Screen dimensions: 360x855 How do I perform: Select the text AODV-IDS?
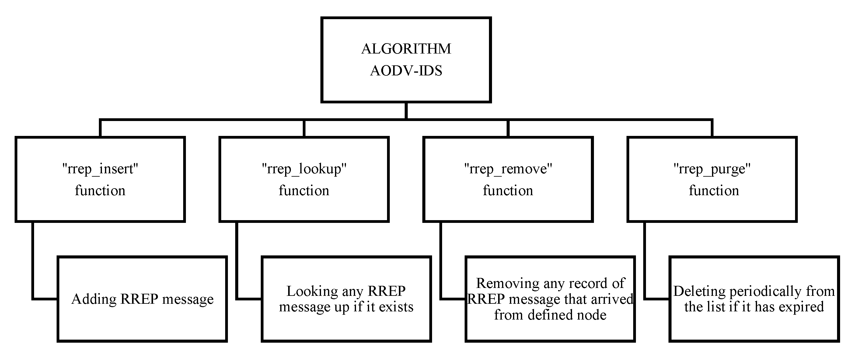tap(406, 71)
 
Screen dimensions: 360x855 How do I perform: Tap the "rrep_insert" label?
tap(100, 169)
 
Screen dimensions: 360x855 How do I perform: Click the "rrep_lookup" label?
tap(304, 169)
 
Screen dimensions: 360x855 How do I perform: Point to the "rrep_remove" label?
tap(508, 169)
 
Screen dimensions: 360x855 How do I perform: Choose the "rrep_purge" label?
tap(712, 169)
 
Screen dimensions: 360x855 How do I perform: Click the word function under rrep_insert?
tap(100, 191)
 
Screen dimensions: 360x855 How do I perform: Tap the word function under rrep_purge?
tap(714, 191)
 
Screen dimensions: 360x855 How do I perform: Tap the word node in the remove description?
tap(592, 314)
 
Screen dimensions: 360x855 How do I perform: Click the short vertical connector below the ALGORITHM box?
tap(406, 110)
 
